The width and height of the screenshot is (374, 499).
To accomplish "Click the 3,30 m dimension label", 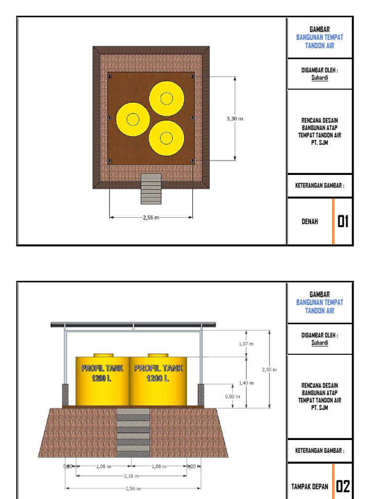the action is coord(235,118).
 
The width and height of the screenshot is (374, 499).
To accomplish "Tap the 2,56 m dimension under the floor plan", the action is coord(151,217).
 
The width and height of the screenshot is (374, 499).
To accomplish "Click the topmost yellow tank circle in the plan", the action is coord(167,99).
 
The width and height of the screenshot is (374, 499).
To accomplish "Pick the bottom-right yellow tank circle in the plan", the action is coord(167,138).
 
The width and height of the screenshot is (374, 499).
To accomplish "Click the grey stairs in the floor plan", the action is coord(151,189).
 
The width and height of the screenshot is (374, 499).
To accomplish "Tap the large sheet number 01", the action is coord(344,222).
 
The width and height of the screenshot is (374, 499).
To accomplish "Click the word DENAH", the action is coord(310,222).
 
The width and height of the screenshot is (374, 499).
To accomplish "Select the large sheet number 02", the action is coord(344,486).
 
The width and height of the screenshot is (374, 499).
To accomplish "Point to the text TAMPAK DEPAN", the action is coord(310,486).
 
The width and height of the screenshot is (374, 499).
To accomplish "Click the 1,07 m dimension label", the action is coord(246,344).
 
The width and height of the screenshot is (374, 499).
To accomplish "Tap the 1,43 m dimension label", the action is coord(246,383).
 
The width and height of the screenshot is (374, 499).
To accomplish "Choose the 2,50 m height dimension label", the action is coord(269,369).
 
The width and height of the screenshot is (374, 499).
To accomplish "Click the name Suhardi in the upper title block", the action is coord(319,77).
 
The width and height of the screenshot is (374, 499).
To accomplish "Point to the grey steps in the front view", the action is coord(133,433).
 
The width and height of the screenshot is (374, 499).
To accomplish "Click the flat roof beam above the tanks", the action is coord(133,324).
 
